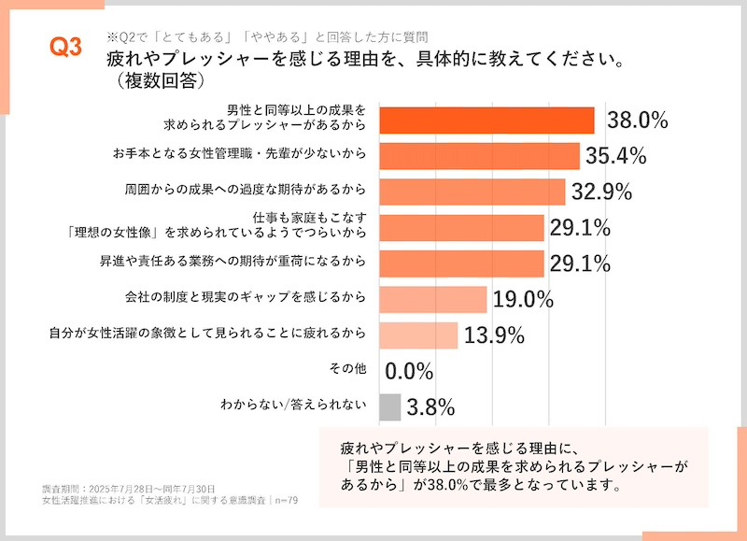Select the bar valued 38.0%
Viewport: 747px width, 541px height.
486,121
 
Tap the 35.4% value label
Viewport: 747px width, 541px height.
617,155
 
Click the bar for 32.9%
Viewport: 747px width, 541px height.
472,192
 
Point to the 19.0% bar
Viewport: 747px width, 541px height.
433,299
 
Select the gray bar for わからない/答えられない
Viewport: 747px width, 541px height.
390,406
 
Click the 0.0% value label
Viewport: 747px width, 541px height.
409,371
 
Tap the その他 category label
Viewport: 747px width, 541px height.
348,368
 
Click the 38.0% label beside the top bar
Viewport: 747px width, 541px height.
638,120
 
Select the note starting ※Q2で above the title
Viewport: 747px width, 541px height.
268,37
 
